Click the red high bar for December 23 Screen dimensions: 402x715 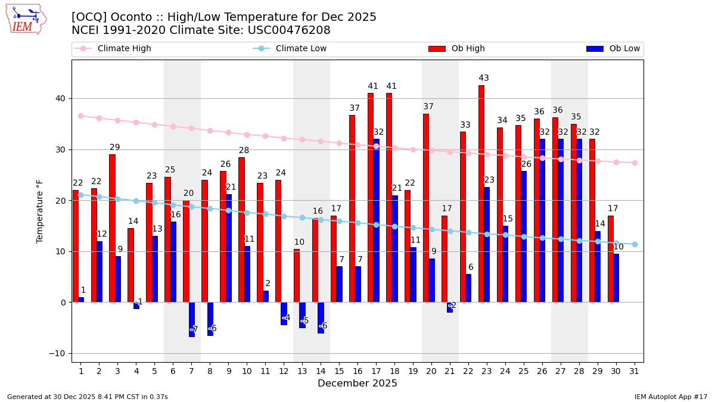pyautogui.click(x=481, y=194)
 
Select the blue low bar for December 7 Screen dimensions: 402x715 pyautogui.click(x=192, y=319)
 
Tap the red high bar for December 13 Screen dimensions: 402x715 pyautogui.click(x=297, y=275)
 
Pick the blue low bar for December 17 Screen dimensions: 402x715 pyautogui.click(x=376, y=220)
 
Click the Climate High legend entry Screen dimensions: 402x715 pyautogui.click(x=124, y=49)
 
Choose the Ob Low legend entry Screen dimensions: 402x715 pyautogui.click(x=623, y=49)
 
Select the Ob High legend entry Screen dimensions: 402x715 pyautogui.click(x=468, y=49)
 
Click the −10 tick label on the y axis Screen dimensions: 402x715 pyautogui.click(x=57, y=353)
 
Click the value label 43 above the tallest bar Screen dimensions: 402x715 pyautogui.click(x=484, y=78)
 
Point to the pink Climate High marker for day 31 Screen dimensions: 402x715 pyautogui.click(x=635, y=163)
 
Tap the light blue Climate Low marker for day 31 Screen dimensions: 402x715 pyautogui.click(x=635, y=244)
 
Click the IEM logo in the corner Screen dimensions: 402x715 pyautogui.click(x=26, y=19)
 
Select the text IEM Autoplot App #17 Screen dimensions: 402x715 pyautogui.click(x=671, y=397)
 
